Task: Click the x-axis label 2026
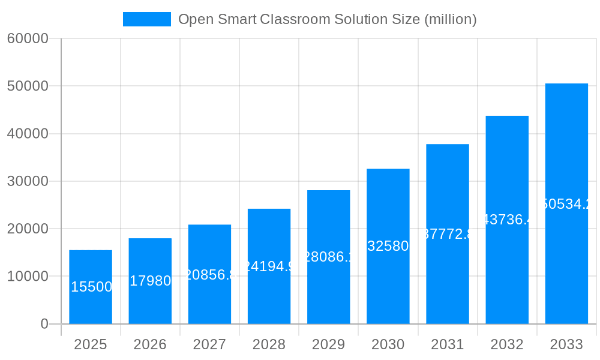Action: click(x=150, y=344)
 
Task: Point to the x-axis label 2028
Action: click(x=269, y=344)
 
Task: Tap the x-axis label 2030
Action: click(x=388, y=344)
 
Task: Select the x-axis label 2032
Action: click(x=507, y=344)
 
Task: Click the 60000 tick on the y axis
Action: click(x=28, y=38)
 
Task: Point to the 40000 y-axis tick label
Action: click(x=28, y=134)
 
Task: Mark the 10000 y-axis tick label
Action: click(x=28, y=277)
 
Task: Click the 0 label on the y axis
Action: click(x=44, y=324)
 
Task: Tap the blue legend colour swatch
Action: click(x=147, y=19)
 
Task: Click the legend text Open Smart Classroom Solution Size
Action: click(x=328, y=19)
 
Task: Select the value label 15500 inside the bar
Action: click(x=91, y=287)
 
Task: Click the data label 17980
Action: click(x=151, y=281)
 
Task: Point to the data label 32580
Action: click(x=388, y=246)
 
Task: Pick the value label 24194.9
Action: click(x=269, y=266)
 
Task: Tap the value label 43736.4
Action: click(x=507, y=220)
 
